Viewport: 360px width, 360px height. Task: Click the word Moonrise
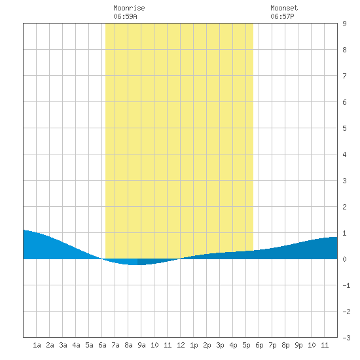129,8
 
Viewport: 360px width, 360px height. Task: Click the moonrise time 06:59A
125,16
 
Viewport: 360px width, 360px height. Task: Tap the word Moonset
284,8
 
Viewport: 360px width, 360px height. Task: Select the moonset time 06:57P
282,16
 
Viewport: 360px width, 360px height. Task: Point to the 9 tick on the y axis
344,24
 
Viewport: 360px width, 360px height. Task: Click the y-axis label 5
344,128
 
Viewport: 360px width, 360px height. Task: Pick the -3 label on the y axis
346,338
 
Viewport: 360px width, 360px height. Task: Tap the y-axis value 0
344,259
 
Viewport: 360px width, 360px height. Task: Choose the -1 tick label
346,285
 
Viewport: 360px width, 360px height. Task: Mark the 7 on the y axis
344,76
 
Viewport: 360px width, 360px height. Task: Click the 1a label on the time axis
37,345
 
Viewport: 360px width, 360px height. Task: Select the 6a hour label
102,345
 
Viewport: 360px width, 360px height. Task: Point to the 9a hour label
141,345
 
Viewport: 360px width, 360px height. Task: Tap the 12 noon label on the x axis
181,345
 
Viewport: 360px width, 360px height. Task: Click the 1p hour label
194,345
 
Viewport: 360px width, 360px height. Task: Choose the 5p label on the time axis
246,345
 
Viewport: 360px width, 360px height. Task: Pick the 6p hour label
259,345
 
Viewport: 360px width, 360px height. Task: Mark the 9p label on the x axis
298,345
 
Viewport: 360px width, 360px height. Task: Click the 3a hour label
63,345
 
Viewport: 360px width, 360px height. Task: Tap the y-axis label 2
344,207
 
